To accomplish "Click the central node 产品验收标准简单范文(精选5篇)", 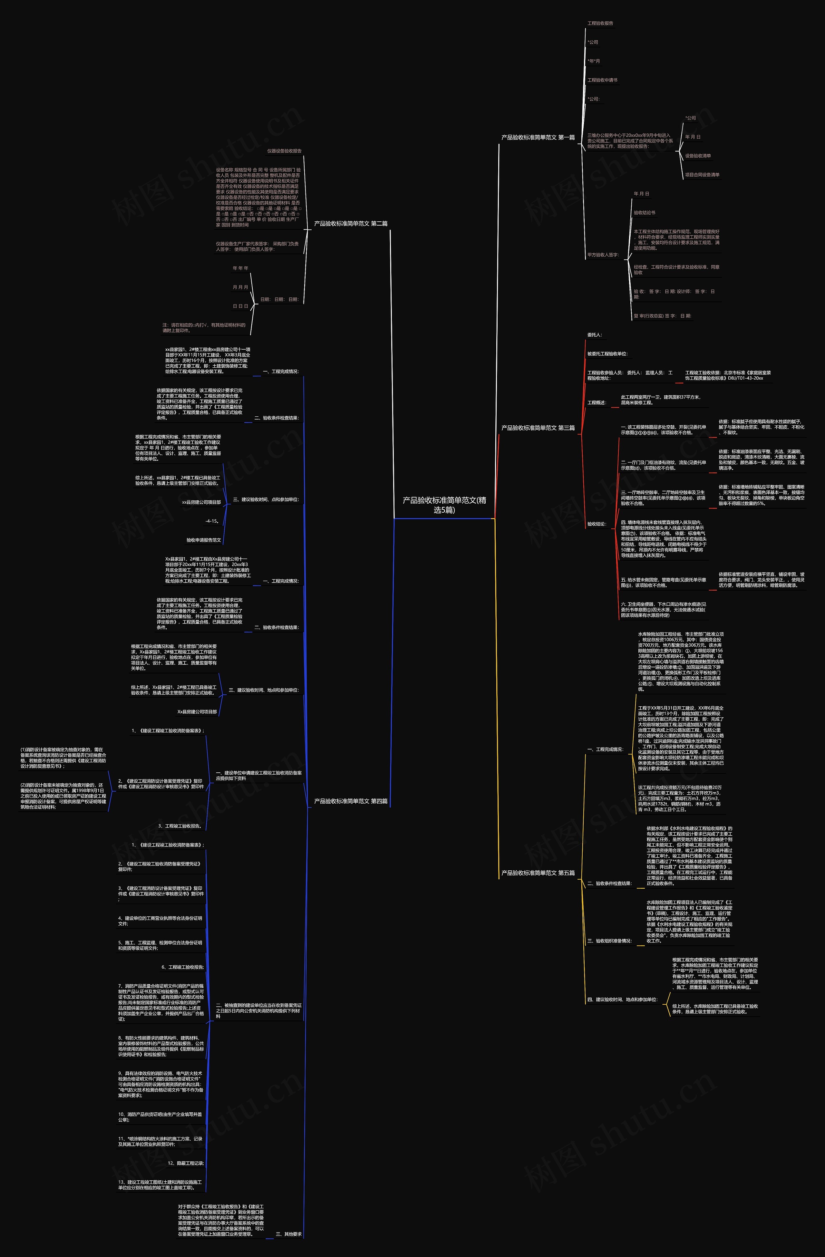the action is tap(444, 505).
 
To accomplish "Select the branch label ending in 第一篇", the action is tap(538, 137).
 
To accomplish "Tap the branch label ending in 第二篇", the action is tap(351, 223).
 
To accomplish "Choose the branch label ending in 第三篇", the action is tap(538, 428).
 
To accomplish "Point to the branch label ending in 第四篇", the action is tap(351, 801).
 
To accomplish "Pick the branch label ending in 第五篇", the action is tap(538, 873).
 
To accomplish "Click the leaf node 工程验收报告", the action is tap(600, 23).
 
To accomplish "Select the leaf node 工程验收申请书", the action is tap(602, 80).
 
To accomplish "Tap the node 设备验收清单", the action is tap(698, 156).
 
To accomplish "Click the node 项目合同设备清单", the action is tap(702, 175).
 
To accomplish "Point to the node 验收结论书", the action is tap(644, 213).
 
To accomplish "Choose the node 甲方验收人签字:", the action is tap(603, 255).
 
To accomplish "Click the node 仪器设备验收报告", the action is tap(284, 151).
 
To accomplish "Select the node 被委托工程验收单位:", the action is tap(607, 354).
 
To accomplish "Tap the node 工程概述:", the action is tap(597, 402).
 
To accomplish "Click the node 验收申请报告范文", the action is tap(203, 540).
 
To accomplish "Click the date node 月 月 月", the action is tap(240, 287).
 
